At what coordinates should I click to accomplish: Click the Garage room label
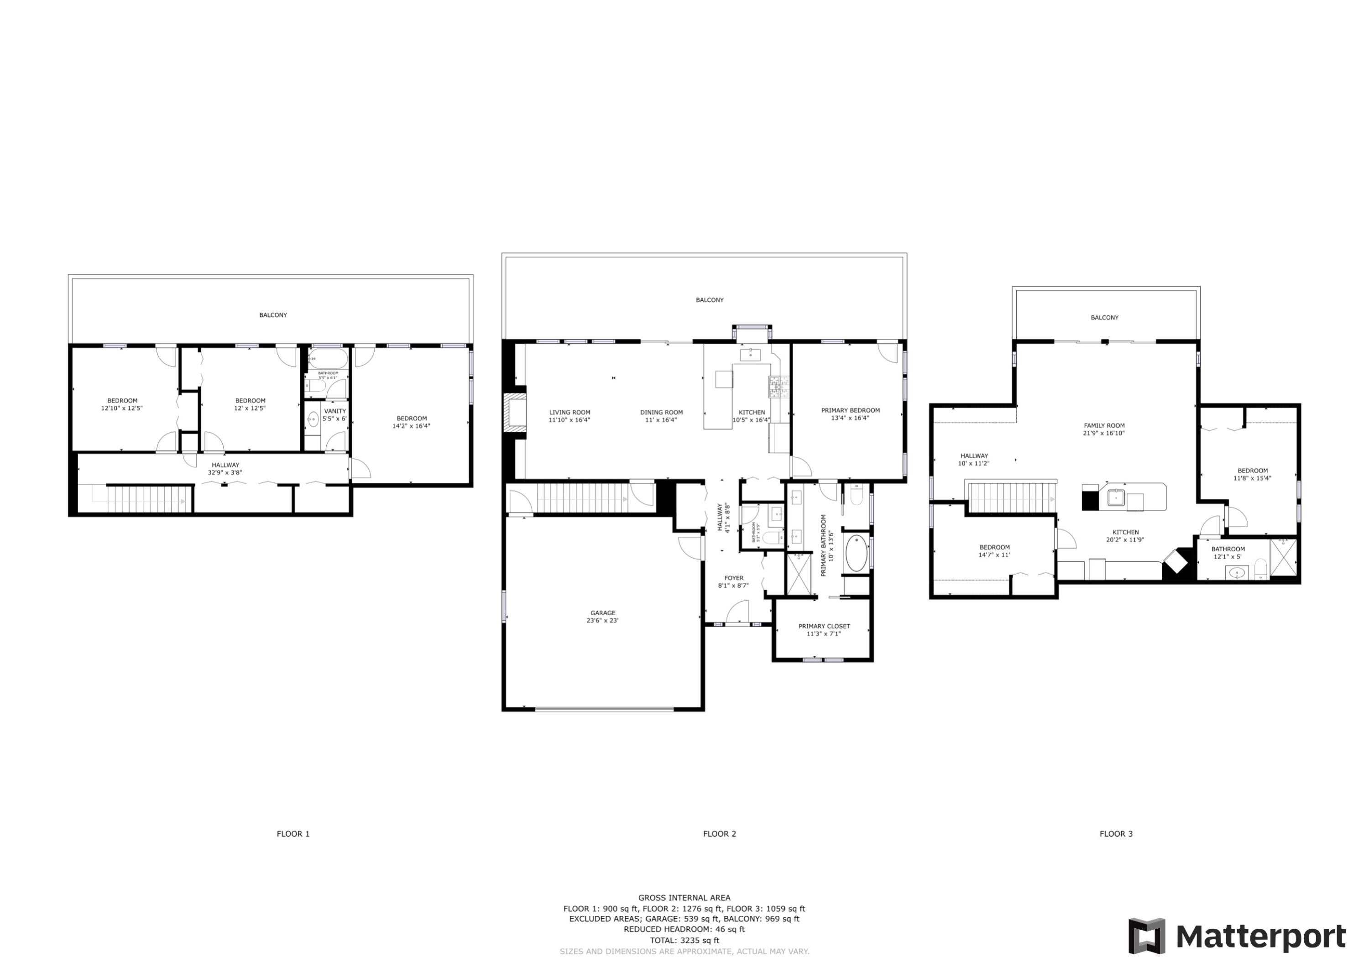tap(603, 613)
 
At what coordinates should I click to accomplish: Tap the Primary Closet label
tap(824, 626)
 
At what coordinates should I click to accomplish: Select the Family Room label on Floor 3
tap(1104, 426)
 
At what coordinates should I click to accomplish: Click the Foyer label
tap(733, 578)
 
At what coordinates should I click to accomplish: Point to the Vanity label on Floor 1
tap(334, 411)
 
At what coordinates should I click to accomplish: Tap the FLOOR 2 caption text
tap(719, 834)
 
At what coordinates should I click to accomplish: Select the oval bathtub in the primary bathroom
tap(856, 554)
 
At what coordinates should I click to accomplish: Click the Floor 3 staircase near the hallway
tap(1011, 497)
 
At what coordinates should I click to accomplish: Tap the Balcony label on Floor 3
tap(1104, 317)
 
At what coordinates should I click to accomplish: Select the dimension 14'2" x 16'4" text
tap(411, 426)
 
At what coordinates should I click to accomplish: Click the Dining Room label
tap(661, 412)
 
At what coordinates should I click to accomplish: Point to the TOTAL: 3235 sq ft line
tap(684, 940)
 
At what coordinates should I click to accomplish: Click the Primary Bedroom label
tap(850, 410)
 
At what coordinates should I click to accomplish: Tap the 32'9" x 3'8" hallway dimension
tap(225, 473)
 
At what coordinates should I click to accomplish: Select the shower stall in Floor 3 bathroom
tap(1283, 557)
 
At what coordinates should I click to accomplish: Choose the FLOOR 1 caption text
tap(293, 834)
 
